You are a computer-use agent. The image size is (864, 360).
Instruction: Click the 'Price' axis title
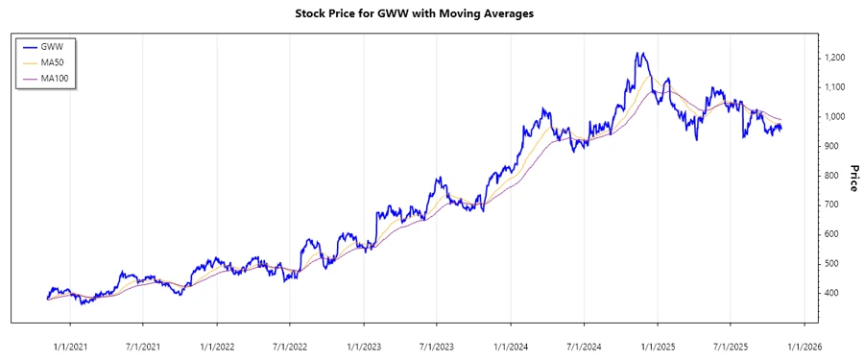point(852,178)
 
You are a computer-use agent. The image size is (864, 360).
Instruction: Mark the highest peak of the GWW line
point(640,53)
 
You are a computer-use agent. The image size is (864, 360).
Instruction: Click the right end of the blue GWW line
point(781,129)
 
